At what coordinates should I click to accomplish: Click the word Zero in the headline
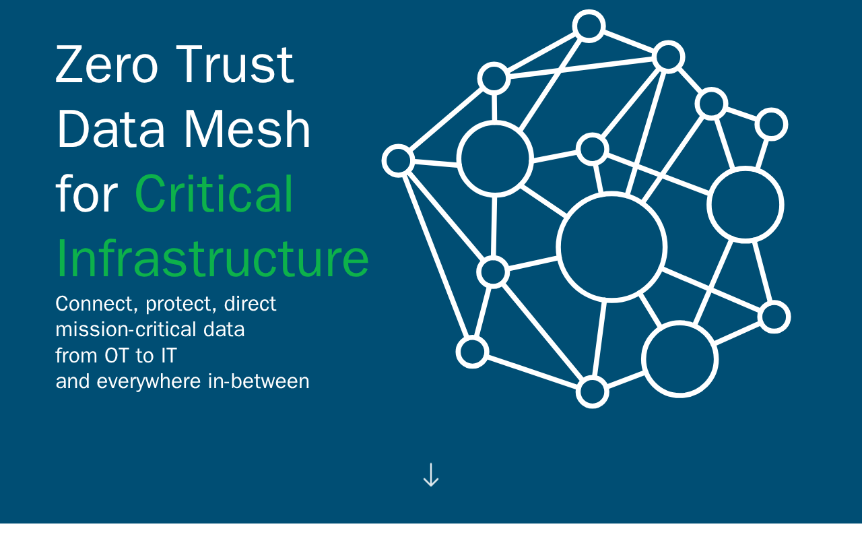point(106,65)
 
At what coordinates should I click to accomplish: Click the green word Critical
point(214,194)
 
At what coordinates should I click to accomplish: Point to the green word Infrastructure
point(212,259)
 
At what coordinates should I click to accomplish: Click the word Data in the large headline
point(110,129)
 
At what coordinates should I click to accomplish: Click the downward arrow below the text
point(431,475)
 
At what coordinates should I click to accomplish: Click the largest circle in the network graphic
point(612,247)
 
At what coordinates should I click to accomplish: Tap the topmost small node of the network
point(589,26)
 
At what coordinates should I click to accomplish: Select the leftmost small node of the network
point(398,160)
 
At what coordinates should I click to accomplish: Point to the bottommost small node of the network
point(593,392)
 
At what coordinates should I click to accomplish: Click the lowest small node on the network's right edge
point(774,317)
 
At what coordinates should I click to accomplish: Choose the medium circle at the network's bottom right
point(680,359)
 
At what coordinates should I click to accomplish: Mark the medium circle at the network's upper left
point(495,159)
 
